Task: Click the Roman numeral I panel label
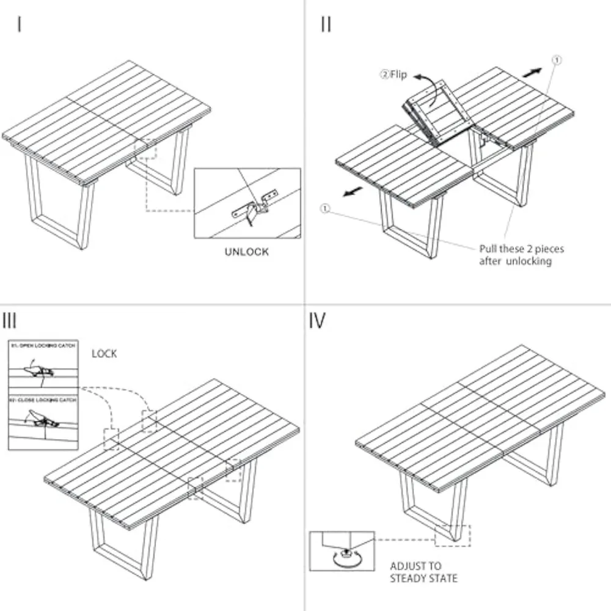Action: [x=20, y=25]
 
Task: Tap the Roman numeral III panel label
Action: [x=10, y=320]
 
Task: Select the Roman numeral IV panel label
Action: [x=317, y=320]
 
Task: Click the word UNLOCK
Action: [x=246, y=252]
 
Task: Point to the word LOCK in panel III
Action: [x=104, y=354]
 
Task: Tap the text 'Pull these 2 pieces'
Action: [x=521, y=249]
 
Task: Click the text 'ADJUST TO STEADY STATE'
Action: [x=423, y=572]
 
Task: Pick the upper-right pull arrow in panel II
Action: [x=531, y=71]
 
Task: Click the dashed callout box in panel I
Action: [x=145, y=148]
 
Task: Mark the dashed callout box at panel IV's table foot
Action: [x=452, y=536]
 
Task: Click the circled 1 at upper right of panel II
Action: [x=556, y=60]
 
